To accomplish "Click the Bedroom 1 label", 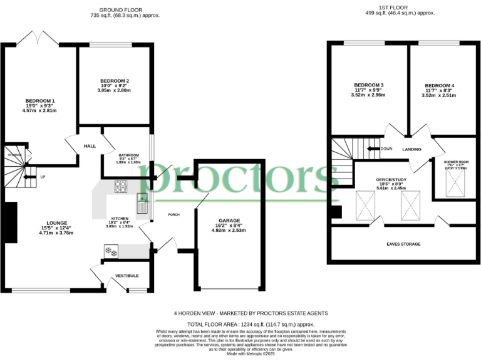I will [x=40, y=101].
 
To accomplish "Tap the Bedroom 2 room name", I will [x=114, y=81].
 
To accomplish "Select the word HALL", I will [x=89, y=146].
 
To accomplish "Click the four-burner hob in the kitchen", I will [x=121, y=186].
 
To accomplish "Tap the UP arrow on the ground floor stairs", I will [x=29, y=177].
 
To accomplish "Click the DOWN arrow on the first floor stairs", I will [x=375, y=149].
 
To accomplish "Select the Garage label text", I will [x=229, y=221].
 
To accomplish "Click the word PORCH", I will [x=174, y=214].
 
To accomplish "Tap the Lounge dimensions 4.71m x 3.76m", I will [x=56, y=233].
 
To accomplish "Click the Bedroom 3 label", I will [x=368, y=85].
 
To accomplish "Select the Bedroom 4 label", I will [x=439, y=85].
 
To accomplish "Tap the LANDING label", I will [x=411, y=149].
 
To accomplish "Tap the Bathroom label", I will [x=128, y=155].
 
